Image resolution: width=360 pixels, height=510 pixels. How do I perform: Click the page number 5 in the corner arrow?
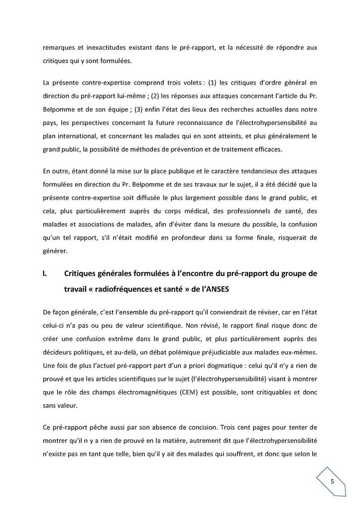tap(332, 481)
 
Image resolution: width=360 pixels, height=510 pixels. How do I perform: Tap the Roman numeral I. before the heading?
tap(46, 273)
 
